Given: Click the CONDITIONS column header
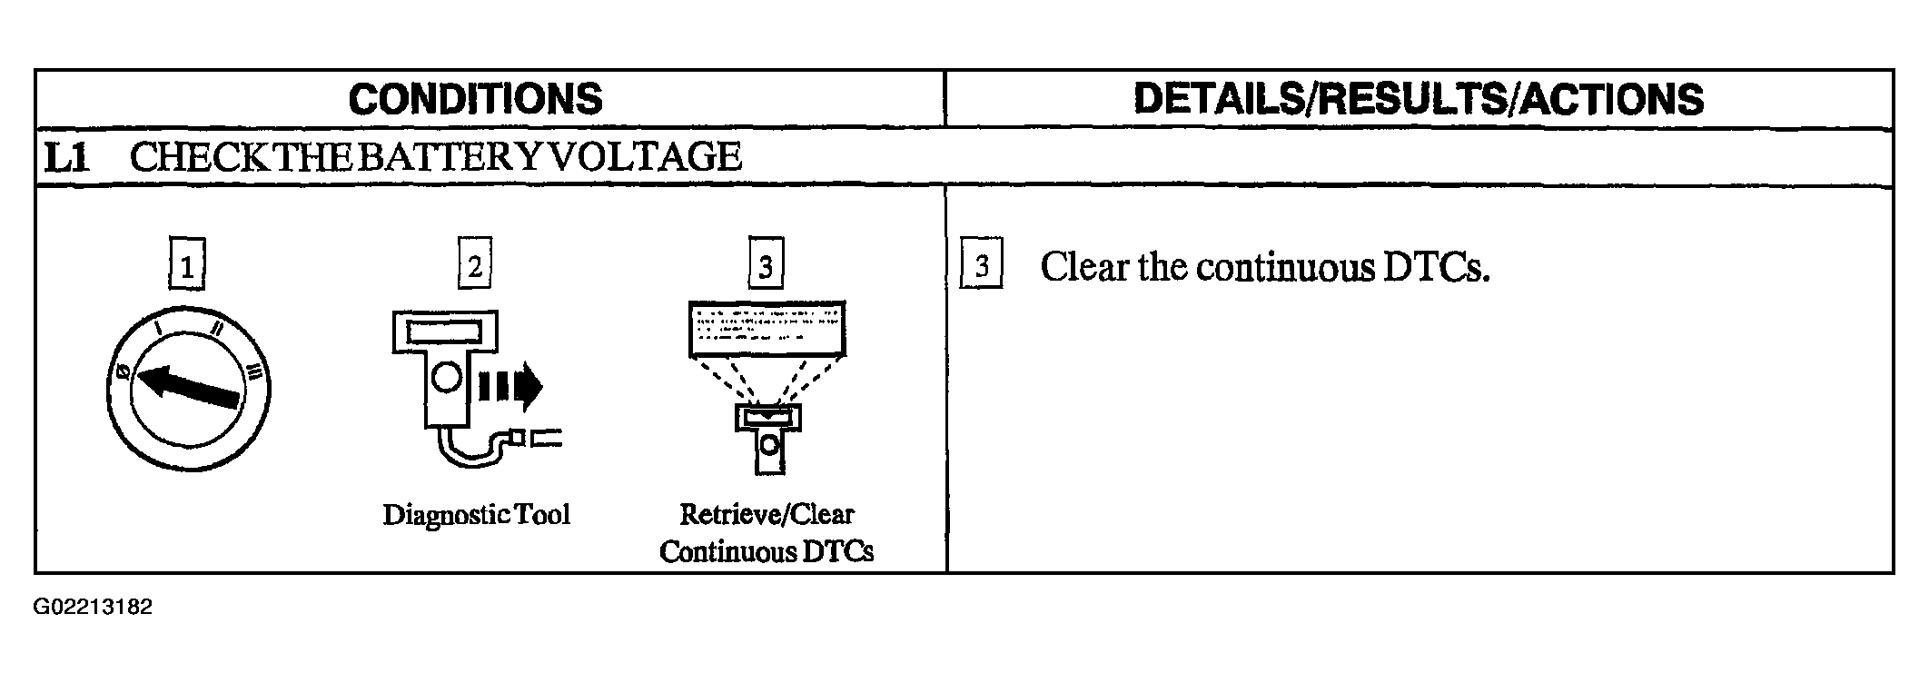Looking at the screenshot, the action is (x=475, y=99).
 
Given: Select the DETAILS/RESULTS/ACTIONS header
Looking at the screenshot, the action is (x=1419, y=99).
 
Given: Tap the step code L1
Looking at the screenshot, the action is (x=67, y=157).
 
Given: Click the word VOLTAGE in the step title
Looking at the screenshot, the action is (x=646, y=156).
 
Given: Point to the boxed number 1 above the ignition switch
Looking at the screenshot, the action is (x=187, y=264).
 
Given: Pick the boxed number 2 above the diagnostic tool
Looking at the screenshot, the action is (x=475, y=264).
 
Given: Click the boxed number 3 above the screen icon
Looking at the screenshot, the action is (x=766, y=264).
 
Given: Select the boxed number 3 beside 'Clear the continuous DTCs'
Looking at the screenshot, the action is (x=982, y=264).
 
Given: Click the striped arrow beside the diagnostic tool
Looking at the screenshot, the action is (x=509, y=388).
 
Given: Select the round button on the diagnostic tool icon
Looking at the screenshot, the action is (x=446, y=377).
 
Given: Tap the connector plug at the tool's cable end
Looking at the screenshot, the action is (x=536, y=440).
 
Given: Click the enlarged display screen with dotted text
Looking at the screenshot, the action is (x=767, y=328).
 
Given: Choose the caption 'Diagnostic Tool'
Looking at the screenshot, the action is (x=477, y=515).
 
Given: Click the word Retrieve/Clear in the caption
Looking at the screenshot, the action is (x=767, y=514).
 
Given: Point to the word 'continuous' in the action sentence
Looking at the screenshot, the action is (x=1286, y=267).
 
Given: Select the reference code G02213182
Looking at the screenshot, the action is (x=93, y=608).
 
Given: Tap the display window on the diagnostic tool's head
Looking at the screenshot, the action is (x=445, y=332).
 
